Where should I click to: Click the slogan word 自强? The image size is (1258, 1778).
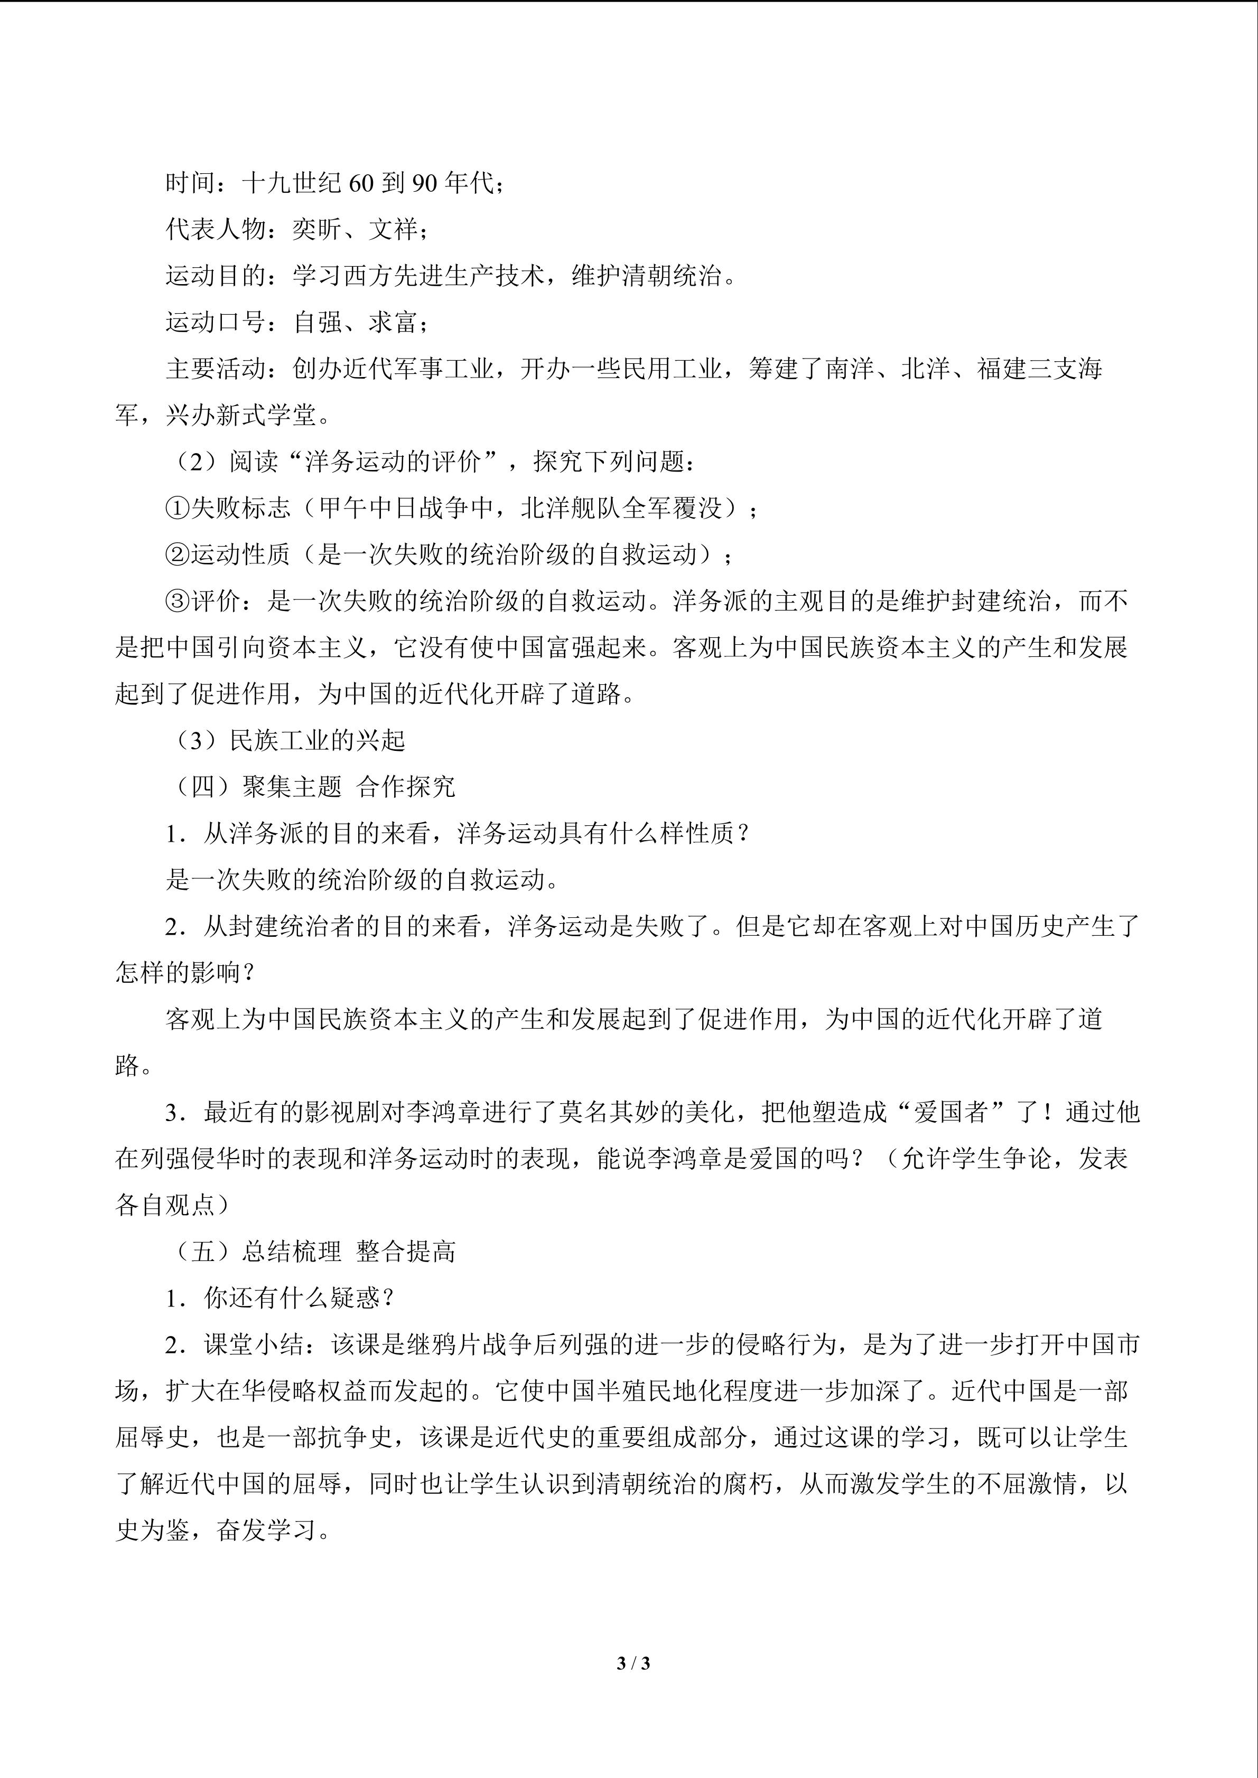pos(317,322)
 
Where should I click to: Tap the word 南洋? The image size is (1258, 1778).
pos(851,369)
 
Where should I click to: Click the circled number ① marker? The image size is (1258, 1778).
pos(178,508)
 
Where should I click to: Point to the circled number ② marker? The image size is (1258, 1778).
pos(178,554)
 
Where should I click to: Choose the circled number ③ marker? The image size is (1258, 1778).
pos(178,601)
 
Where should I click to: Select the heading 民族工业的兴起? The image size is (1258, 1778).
pos(317,740)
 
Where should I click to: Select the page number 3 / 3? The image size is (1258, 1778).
pos(633,1662)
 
